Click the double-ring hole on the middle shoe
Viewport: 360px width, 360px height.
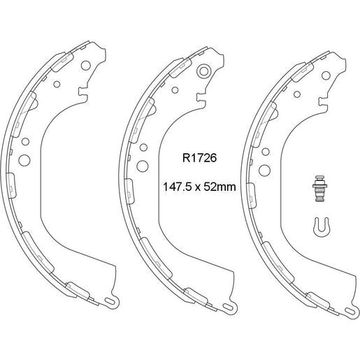coord(205,71)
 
